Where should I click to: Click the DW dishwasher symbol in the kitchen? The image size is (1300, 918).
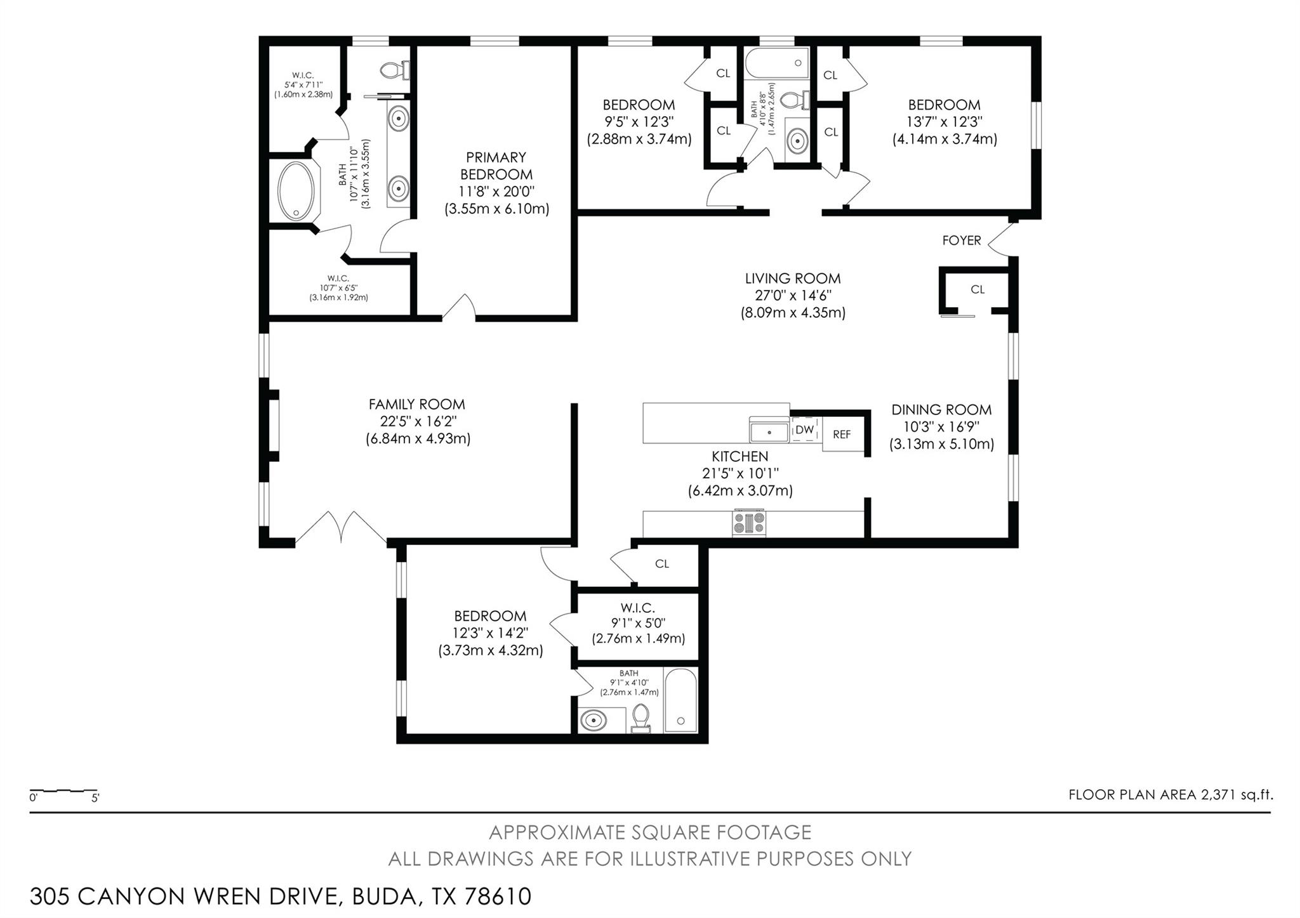(x=804, y=429)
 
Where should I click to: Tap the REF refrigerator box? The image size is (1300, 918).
(x=842, y=435)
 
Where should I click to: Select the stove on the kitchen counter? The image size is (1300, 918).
(x=749, y=523)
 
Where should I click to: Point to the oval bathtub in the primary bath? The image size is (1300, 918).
(x=296, y=191)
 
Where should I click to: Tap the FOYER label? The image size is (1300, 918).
(x=961, y=240)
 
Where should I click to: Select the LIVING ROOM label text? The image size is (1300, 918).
(x=792, y=279)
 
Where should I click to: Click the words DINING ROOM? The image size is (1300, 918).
(x=941, y=410)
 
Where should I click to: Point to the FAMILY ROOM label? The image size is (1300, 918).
(x=416, y=404)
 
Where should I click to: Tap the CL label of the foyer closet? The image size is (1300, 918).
(x=977, y=289)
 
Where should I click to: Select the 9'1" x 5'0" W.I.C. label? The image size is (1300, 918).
(x=638, y=624)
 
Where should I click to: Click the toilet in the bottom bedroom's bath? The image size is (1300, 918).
(x=641, y=718)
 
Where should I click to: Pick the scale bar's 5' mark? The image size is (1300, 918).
(x=95, y=798)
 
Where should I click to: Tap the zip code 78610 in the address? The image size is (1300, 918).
(x=498, y=896)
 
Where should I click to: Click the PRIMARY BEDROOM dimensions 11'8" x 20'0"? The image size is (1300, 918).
(x=496, y=192)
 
